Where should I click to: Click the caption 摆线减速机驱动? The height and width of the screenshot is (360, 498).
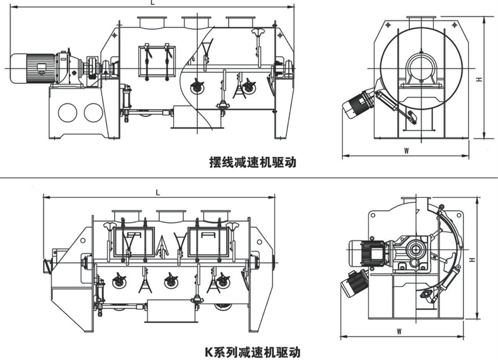point(252,162)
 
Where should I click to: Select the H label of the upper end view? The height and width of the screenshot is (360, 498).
point(479,79)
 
